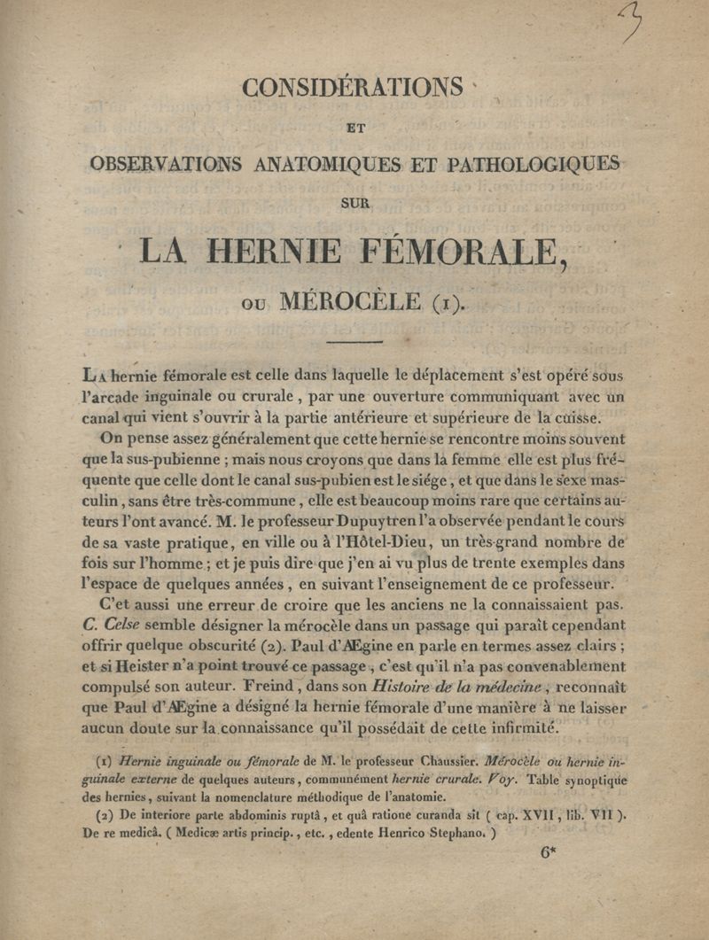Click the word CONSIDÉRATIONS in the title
tap(354, 89)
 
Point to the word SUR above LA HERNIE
tap(354, 203)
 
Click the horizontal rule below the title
tap(354, 342)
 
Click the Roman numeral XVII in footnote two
tap(550, 815)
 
